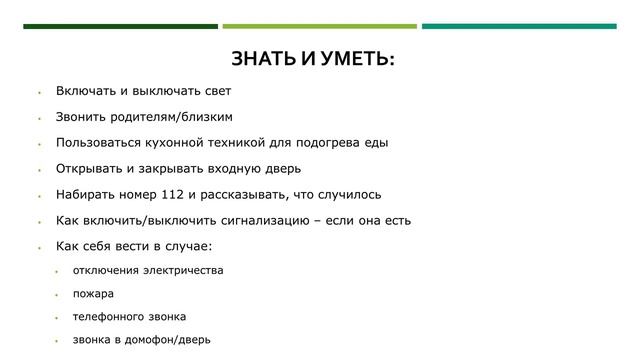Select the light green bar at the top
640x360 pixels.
point(319,26)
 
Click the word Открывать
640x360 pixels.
point(90,169)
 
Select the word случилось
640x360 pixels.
point(347,195)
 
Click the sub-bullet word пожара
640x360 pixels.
point(93,294)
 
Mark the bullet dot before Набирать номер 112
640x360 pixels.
point(37,196)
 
